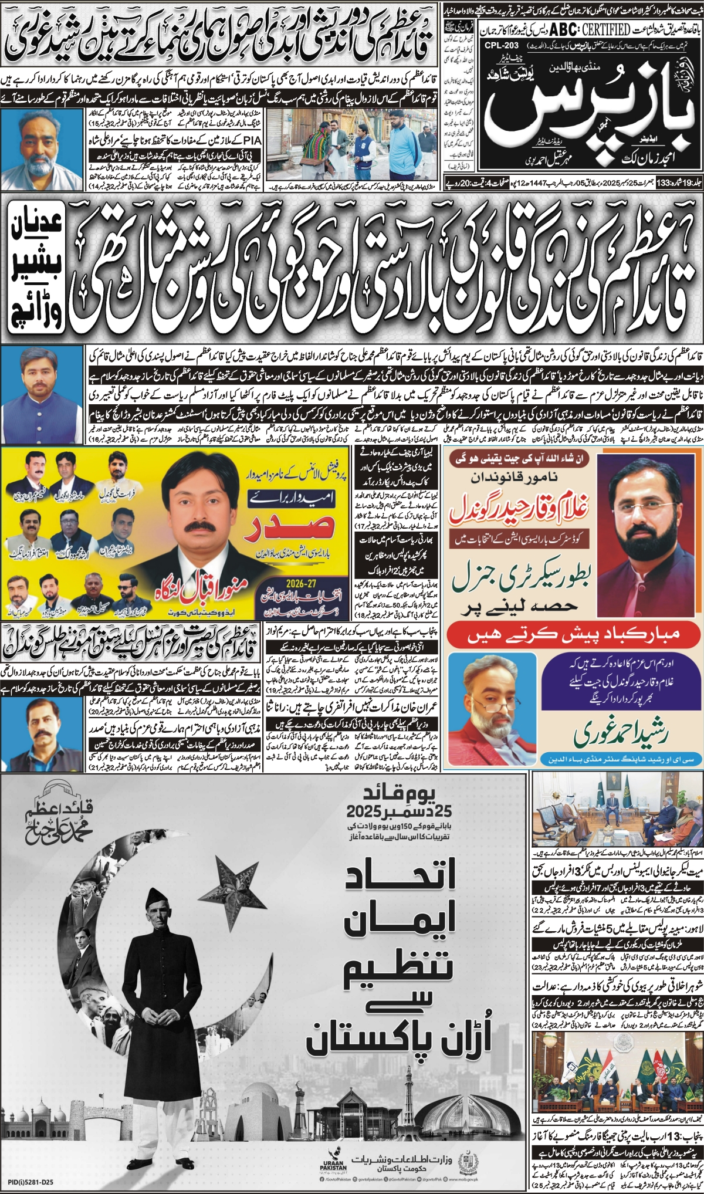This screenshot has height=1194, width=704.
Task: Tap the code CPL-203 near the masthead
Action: coord(502,45)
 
